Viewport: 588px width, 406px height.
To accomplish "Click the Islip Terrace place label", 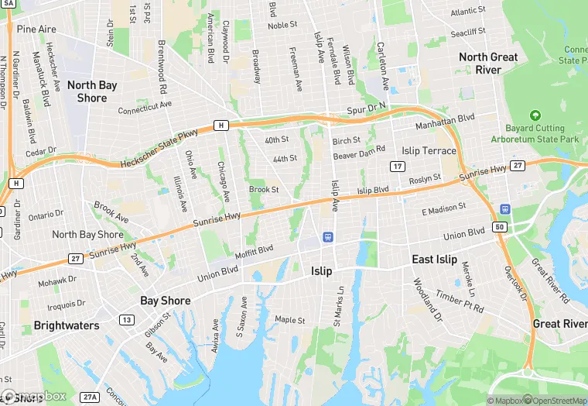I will click(429, 150).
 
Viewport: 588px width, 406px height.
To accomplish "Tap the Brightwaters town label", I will click(65, 326).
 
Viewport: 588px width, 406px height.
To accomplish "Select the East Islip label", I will click(434, 260).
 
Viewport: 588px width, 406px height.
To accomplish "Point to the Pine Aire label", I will click(37, 29).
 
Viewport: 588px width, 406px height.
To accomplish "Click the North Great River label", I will click(489, 63).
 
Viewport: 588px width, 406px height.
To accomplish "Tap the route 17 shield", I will click(398, 167).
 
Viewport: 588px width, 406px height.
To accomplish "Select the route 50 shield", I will click(501, 227).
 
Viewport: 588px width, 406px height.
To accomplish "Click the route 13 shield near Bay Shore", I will click(126, 320).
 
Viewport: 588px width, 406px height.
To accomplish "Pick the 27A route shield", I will click(91, 397).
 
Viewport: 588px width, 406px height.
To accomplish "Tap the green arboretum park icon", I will click(535, 115).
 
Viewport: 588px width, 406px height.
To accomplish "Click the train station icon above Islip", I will click(328, 236).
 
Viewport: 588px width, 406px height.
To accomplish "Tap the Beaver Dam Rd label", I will click(359, 153).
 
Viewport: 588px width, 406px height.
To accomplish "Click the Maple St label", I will click(290, 319).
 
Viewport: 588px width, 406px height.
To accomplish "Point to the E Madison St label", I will click(443, 209).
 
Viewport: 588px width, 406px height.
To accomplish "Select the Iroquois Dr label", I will click(67, 304).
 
